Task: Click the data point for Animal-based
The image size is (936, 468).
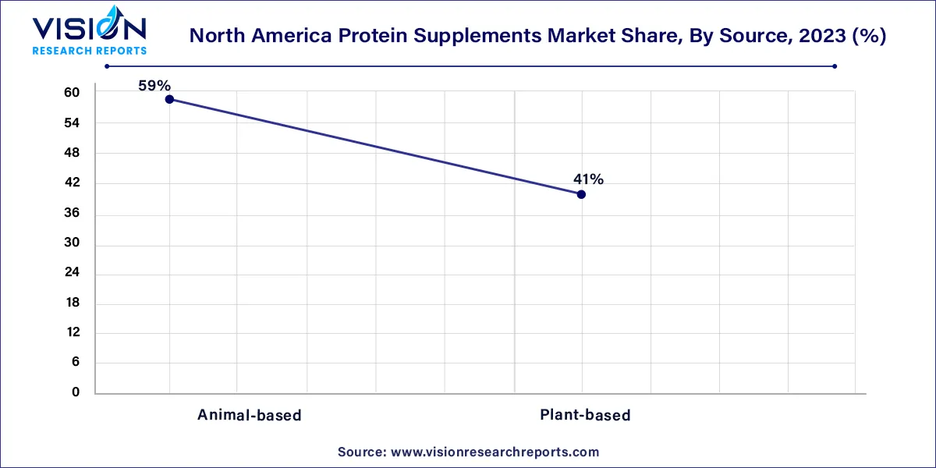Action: [x=169, y=99]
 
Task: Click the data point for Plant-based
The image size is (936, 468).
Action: [x=581, y=194]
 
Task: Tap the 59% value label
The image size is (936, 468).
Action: [x=154, y=86]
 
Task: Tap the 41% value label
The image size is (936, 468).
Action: [x=587, y=179]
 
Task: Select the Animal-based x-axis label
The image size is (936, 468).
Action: [x=249, y=415]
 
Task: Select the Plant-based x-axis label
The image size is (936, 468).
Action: [x=585, y=415]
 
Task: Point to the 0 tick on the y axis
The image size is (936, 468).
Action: [x=76, y=393]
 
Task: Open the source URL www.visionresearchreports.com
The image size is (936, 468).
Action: [x=494, y=452]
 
